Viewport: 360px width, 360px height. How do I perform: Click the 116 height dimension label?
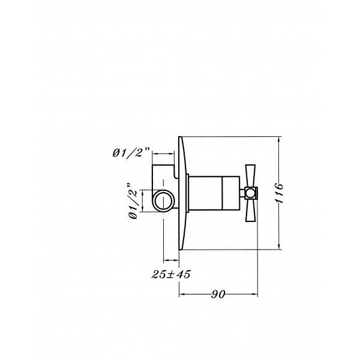coord(280,193)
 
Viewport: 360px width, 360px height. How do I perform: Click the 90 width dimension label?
coord(218,294)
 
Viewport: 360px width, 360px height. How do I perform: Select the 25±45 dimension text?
coord(171,274)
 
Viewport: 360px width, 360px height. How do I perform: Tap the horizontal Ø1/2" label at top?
coord(131,152)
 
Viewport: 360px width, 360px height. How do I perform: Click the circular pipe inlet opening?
coord(163,200)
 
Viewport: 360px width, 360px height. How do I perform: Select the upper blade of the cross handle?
coord(250,176)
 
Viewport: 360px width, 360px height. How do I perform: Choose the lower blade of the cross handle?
coord(250,210)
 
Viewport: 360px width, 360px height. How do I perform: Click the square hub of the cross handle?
coord(251,193)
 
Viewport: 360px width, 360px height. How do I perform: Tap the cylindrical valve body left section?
coord(205,193)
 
